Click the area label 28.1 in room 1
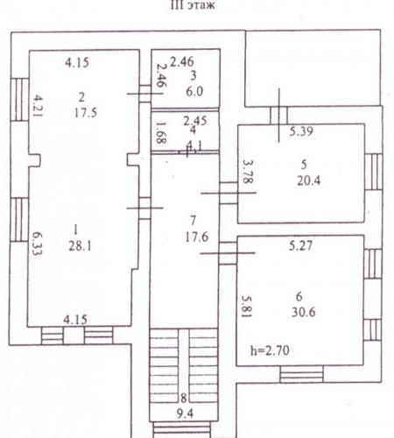click(x=80, y=246)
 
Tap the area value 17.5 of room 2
click(x=86, y=113)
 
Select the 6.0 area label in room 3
click(x=194, y=92)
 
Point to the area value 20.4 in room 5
click(x=308, y=180)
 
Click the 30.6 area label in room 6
click(x=304, y=312)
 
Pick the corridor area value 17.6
click(x=197, y=237)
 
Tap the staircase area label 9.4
click(x=185, y=413)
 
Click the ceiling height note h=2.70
click(x=270, y=350)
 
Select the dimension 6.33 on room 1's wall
click(x=37, y=244)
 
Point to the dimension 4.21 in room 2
click(x=38, y=105)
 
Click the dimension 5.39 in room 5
click(x=301, y=131)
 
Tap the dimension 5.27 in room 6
click(x=301, y=245)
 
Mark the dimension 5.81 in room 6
click(x=247, y=306)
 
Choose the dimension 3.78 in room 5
click(x=248, y=172)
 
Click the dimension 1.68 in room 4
click(x=161, y=132)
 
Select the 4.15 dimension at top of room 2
click(x=77, y=62)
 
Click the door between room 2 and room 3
click(x=145, y=94)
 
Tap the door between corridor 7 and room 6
click(x=228, y=253)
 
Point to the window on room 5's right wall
click(x=374, y=172)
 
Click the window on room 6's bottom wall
click(x=302, y=374)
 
